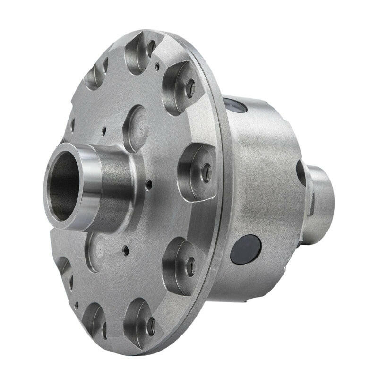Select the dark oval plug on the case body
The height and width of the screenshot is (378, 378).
coord(246,249)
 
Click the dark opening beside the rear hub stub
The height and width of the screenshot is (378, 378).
coord(301,173)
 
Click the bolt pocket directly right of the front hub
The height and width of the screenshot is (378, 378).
coord(196,171)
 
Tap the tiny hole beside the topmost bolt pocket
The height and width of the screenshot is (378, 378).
coord(157,67)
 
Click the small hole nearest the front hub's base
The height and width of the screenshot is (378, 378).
coord(148,184)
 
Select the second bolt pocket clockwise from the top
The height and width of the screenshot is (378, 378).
coord(181,87)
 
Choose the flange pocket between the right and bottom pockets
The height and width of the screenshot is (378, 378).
coord(181,265)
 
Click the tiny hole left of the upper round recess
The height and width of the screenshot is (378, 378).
coord(103,128)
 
